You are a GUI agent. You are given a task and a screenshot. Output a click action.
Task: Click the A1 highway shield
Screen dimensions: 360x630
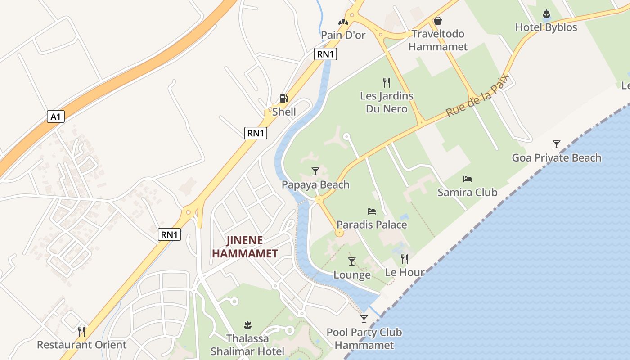pos(55,117)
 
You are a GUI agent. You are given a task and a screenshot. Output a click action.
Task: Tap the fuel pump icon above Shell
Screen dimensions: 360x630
pos(283,99)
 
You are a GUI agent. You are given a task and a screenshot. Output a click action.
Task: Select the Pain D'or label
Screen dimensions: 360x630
pos(343,35)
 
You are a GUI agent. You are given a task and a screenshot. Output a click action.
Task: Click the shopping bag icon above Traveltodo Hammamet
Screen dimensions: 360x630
pos(437,21)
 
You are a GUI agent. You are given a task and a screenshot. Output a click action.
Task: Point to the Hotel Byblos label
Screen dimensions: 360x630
pos(546,27)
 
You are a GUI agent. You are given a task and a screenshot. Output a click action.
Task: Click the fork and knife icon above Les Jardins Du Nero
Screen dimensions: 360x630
pos(386,82)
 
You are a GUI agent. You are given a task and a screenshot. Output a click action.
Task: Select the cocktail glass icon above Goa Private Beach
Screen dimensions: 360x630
pos(557,144)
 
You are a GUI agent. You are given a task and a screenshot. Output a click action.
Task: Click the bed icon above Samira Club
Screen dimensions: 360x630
pos(468,179)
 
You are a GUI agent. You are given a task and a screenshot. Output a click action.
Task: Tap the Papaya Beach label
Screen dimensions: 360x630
pos(315,184)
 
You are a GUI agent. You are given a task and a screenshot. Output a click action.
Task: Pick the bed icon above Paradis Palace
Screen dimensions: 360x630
pos(372,211)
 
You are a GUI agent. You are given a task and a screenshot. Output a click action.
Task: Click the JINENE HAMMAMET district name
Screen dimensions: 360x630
pos(245,247)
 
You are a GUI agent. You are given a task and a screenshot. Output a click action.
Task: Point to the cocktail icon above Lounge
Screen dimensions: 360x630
pos(352,261)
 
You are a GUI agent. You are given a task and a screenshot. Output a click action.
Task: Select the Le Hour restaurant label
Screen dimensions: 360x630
pos(405,272)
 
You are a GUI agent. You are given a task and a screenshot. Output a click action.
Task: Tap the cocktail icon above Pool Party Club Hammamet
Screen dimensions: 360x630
pos(364,319)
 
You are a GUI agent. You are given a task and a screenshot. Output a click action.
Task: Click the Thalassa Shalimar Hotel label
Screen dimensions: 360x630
pos(247,345)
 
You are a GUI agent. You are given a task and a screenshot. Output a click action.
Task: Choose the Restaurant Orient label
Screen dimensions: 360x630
pos(81,345)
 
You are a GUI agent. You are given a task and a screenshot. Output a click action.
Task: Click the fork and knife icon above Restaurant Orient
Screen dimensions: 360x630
pos(81,332)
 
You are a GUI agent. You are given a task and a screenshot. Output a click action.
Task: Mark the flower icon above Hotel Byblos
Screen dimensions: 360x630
pos(546,14)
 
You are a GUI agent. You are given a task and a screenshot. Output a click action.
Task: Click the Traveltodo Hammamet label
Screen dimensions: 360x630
pos(438,40)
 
